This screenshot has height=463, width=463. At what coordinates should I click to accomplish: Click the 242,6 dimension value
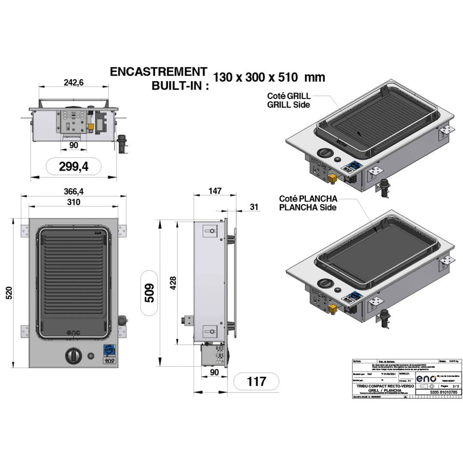73,83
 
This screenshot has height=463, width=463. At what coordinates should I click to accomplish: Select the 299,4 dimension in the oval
73,166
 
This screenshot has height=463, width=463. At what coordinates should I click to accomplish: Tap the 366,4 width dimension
73,192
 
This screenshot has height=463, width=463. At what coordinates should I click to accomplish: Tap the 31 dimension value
254,207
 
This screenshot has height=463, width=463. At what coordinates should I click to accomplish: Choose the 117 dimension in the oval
256,381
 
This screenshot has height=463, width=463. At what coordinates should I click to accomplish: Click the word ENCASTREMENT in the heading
158,72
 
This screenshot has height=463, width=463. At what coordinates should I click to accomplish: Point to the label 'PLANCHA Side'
308,207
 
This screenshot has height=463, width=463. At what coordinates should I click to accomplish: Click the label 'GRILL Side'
288,105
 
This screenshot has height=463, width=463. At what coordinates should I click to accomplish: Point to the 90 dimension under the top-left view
73,145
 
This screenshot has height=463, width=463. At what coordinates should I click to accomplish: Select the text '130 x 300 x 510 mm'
269,78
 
